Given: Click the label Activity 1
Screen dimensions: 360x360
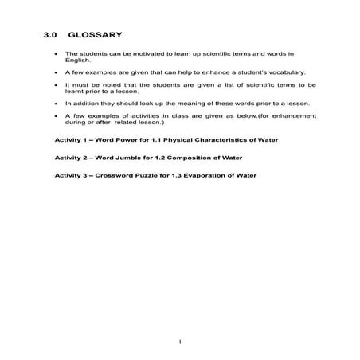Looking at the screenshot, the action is [71, 139].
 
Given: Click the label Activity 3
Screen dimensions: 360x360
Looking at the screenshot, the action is [71, 174].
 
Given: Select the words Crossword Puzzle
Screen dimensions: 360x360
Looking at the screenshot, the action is [127, 174].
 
